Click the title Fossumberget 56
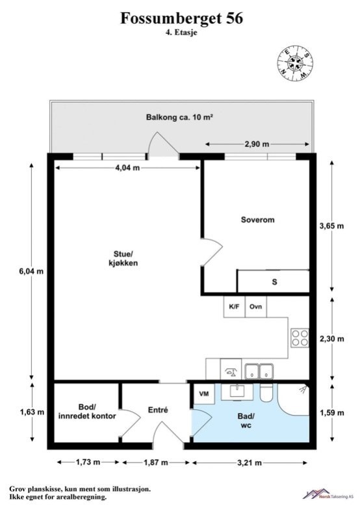click(181, 18)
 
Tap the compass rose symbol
click(295, 63)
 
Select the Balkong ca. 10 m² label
click(179, 117)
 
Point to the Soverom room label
click(257, 220)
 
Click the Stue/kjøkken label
click(123, 258)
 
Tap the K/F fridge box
click(235, 306)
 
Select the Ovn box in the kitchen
click(256, 306)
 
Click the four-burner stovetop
click(300, 338)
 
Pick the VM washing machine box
click(204, 394)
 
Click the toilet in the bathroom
click(266, 393)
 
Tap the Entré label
click(158, 410)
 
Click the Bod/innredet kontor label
click(87, 412)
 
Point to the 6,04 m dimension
click(31, 271)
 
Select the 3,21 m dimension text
click(250, 462)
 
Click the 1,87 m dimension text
click(155, 462)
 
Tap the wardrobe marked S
click(274, 282)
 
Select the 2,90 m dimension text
click(257, 144)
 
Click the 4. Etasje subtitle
click(181, 33)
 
